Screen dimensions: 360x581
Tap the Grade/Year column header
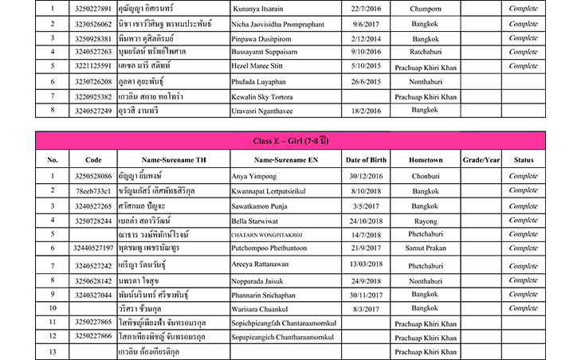point(481,159)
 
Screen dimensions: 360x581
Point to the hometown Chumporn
point(424,10)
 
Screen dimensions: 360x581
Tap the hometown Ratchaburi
point(424,52)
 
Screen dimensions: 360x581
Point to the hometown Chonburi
point(424,175)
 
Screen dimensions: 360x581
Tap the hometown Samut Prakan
point(424,248)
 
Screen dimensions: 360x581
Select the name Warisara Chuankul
point(259,307)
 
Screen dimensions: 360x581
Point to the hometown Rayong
point(424,219)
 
